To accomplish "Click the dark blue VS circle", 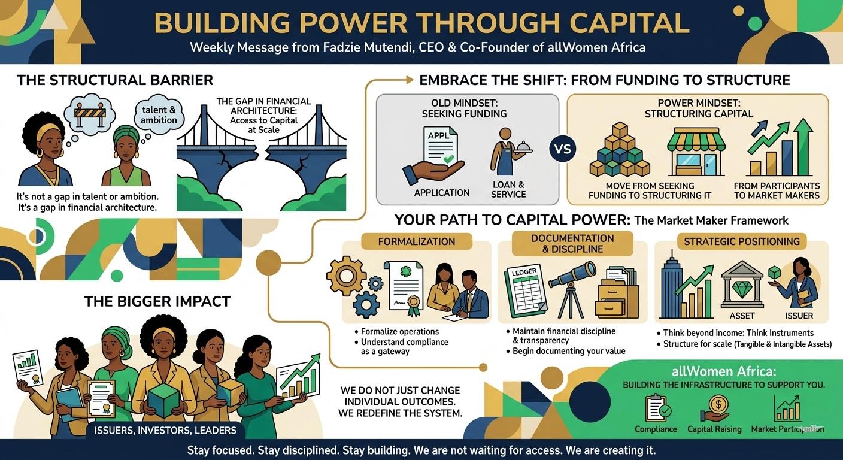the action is tap(563, 149).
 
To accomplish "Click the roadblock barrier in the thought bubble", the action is tap(90, 113).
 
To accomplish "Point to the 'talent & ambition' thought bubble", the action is tap(159, 115).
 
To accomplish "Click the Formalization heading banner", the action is tap(417, 241).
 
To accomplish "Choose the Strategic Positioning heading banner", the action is tap(742, 241).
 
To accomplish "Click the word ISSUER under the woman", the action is tap(799, 316).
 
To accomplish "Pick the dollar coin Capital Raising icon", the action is tap(715, 408).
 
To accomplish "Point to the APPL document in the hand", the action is tap(439, 146).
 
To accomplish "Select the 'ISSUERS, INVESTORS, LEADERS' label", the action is tap(165, 430).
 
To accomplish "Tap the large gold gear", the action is tap(346, 276).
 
